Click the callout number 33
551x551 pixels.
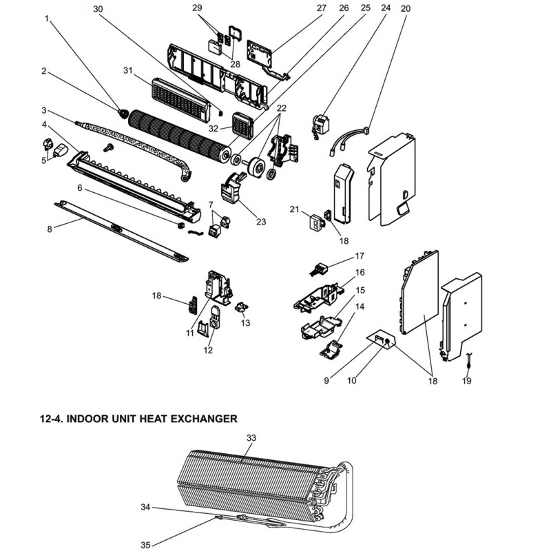(251, 438)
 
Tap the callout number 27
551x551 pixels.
(322, 8)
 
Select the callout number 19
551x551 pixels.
(467, 381)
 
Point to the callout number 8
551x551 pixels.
(50, 229)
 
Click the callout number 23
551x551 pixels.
(261, 222)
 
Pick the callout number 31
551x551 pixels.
(128, 71)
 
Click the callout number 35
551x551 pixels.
(145, 545)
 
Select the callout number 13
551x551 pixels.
(245, 322)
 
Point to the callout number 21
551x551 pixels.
(294, 209)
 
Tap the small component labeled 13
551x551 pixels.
(241, 307)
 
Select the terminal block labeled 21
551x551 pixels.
(316, 221)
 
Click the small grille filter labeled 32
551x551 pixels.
(242, 125)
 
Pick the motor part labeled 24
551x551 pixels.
(319, 126)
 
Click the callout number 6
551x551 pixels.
(80, 188)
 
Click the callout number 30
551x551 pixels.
(98, 9)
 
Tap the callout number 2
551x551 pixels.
(43, 71)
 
